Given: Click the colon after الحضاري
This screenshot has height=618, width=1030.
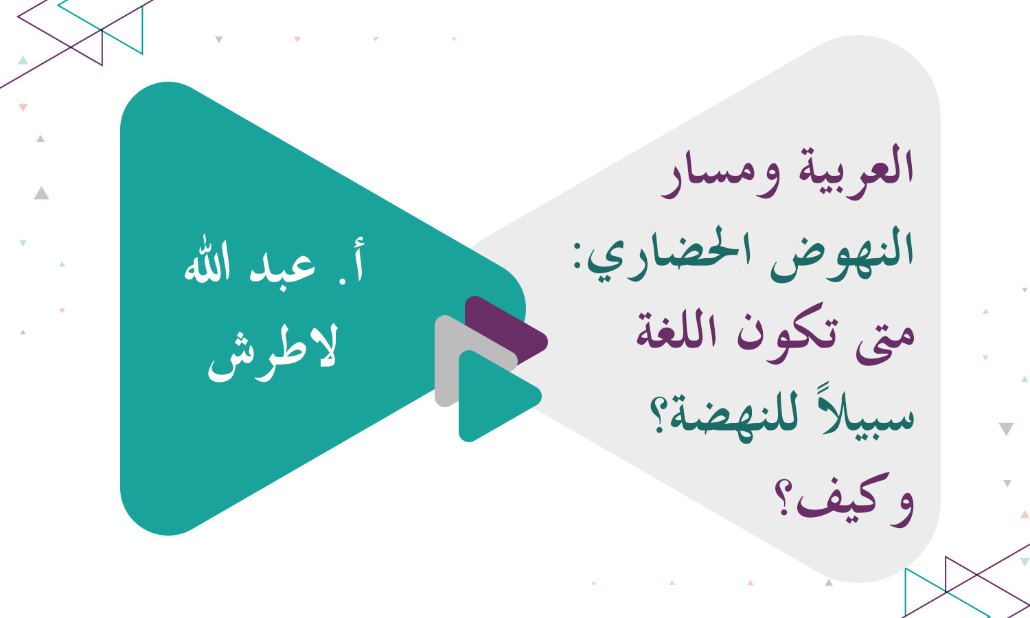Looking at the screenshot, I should [581, 261].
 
